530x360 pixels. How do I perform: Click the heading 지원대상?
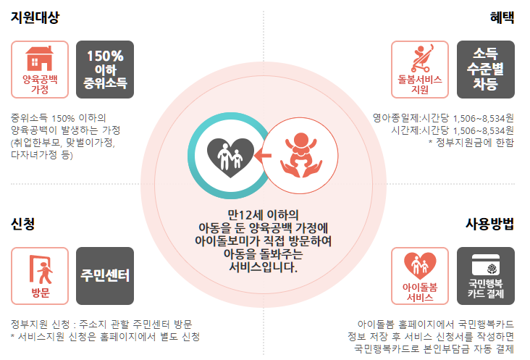point(35,17)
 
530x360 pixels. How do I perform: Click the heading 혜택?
point(501,17)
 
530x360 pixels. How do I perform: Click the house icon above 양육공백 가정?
point(40,58)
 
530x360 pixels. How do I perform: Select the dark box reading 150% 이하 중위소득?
point(105,70)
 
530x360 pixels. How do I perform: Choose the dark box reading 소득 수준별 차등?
point(485,70)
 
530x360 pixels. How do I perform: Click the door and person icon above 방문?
point(40,268)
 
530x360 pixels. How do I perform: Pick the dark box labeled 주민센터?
point(105,276)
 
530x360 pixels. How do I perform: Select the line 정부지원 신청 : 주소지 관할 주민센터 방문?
point(101,323)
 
